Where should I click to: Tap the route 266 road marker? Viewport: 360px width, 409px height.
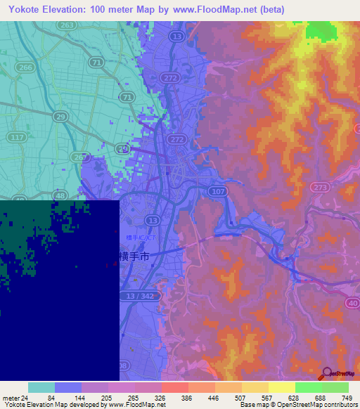pos(25,67)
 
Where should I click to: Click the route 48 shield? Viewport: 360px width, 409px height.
pos(41,196)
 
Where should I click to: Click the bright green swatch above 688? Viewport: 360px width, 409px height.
pos(308,387)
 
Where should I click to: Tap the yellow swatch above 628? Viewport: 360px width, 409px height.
pos(281,387)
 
